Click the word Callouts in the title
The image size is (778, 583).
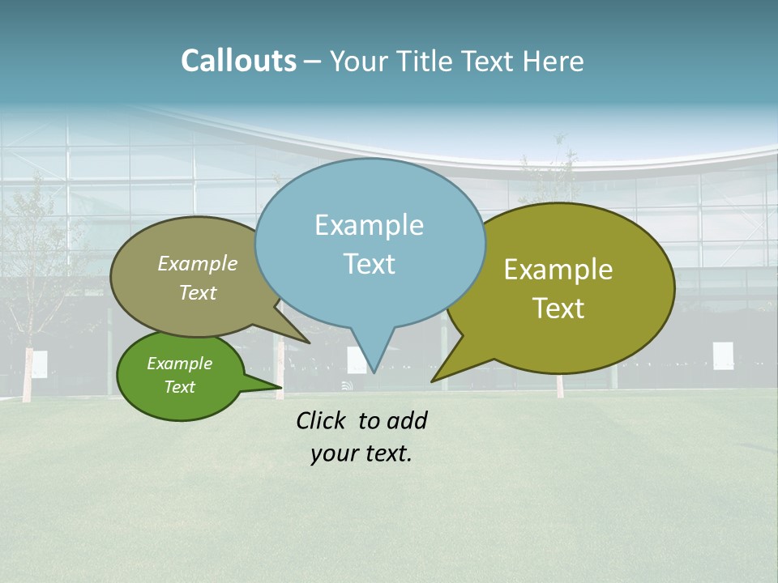[238, 61]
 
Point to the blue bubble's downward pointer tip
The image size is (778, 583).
[373, 372]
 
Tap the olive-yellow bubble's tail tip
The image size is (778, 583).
[433, 381]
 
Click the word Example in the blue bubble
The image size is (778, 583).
[369, 225]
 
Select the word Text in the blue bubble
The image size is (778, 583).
[369, 264]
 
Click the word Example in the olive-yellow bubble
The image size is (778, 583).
[558, 270]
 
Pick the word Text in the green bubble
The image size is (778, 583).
[179, 387]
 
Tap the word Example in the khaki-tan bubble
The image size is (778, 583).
[198, 263]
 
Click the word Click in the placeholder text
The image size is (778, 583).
[323, 420]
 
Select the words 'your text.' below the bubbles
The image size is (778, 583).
[361, 453]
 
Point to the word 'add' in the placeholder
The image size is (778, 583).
[407, 420]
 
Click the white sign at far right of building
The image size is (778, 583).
[723, 355]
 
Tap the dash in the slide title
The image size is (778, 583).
[312, 62]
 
